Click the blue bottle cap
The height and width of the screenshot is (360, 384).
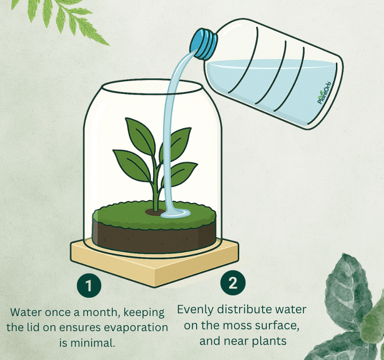pyautogui.click(x=203, y=44)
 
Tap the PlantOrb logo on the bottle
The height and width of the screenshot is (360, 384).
pyautogui.click(x=324, y=93)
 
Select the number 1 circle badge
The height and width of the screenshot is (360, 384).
pyautogui.click(x=89, y=285)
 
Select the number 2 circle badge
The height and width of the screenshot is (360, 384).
pyautogui.click(x=232, y=283)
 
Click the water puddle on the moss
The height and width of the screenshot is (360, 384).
pyautogui.click(x=176, y=213)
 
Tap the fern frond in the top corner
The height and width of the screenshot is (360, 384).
pyautogui.click(x=61, y=20)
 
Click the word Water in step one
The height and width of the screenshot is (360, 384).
pyautogui.click(x=26, y=312)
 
